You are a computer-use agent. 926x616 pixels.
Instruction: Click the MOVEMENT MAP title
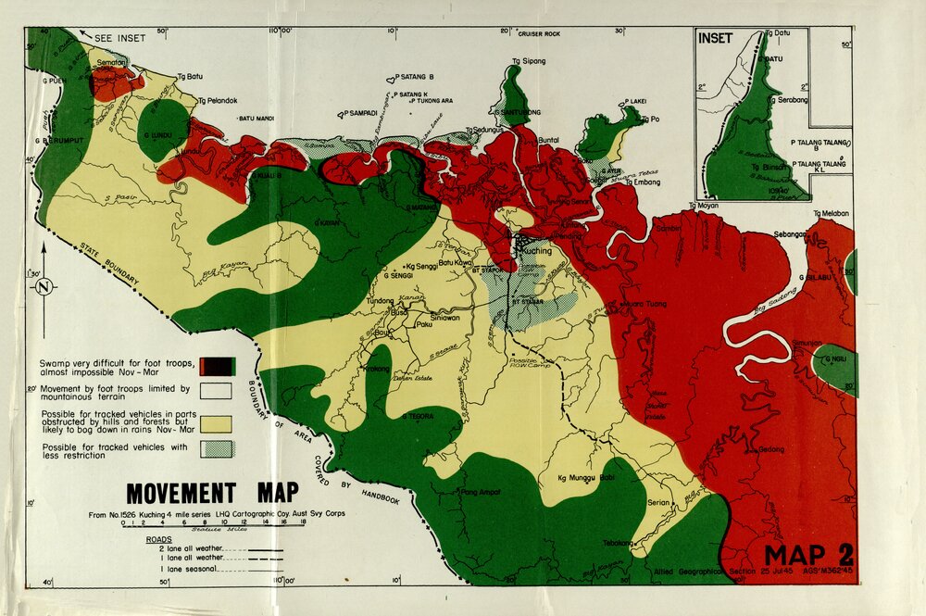click(212, 492)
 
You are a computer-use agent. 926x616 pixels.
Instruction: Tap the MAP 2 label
click(807, 555)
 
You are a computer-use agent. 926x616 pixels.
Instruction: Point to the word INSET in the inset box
click(715, 39)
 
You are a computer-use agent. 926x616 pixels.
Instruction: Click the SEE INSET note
click(115, 39)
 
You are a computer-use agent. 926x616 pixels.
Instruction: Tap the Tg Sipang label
click(529, 61)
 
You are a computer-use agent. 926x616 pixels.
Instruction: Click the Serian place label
click(659, 503)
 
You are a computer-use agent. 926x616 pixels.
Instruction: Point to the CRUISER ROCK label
click(539, 34)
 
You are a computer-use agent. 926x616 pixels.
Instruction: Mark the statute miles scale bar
click(208, 524)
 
